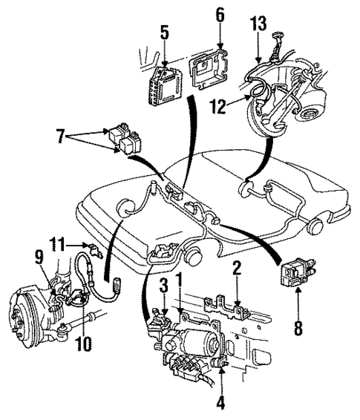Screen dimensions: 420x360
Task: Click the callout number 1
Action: [x=179, y=283]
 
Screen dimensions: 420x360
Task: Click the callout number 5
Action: [x=165, y=33]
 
